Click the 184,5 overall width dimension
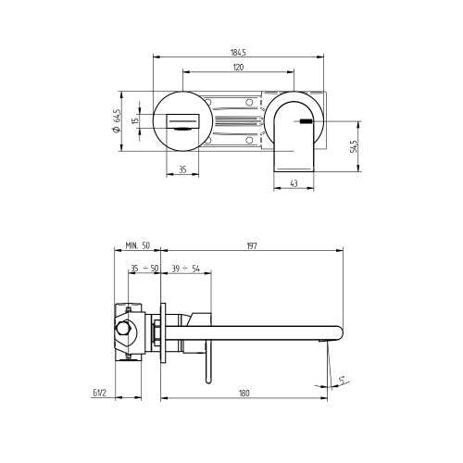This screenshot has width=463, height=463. click(x=240, y=54)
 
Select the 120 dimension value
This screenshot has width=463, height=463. click(x=240, y=68)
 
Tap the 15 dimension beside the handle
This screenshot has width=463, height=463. click(x=135, y=120)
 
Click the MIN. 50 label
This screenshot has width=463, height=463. click(x=138, y=246)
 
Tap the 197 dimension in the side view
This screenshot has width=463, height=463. click(x=252, y=246)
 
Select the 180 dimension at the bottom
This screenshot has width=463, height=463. click(x=244, y=394)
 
